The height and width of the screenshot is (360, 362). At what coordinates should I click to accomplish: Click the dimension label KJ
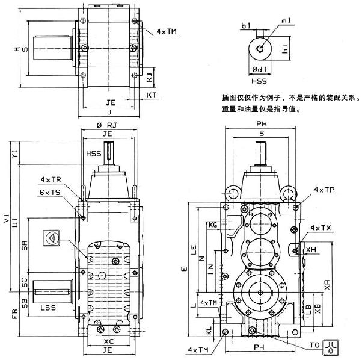click(x=149, y=76)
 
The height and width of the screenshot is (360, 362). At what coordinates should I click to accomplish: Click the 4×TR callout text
click(x=51, y=180)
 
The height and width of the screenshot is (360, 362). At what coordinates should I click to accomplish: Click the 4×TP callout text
click(x=324, y=190)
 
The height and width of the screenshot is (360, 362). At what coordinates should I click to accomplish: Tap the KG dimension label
click(x=212, y=225)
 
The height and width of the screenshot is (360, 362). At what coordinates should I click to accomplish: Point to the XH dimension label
click(x=311, y=249)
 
